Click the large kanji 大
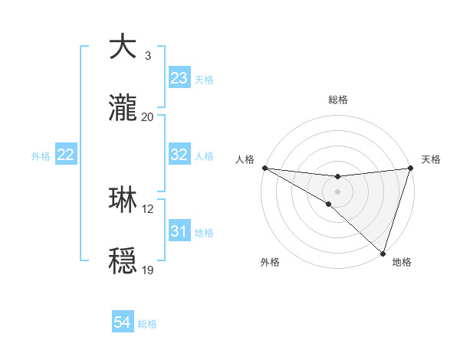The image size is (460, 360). [124, 47]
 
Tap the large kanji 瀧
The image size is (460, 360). [124, 109]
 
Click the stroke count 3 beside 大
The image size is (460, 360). [147, 56]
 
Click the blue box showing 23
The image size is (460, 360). [179, 78]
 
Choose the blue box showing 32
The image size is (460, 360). [179, 155]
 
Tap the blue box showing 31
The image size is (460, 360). [179, 231]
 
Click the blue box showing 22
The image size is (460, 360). [66, 155]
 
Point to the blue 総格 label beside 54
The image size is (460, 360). [147, 324]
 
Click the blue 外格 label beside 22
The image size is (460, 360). [41, 156]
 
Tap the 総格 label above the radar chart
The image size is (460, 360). [337, 100]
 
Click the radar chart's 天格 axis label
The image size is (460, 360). [431, 159]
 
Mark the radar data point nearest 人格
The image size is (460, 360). [264, 168]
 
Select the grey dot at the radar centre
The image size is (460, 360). [337, 191]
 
